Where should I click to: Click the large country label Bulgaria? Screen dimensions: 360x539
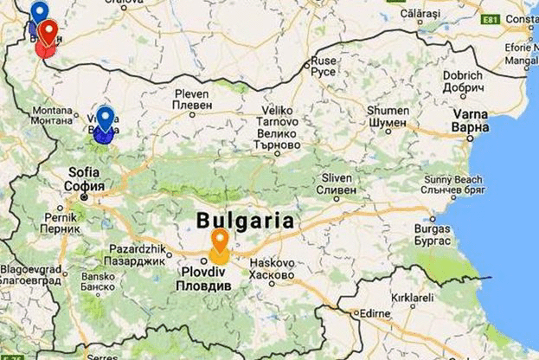[x=246, y=220]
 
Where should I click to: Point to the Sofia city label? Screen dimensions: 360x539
[x=86, y=179]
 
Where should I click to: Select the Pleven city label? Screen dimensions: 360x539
[x=191, y=99]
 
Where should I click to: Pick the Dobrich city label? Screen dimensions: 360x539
[x=463, y=80]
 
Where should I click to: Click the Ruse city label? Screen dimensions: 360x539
[x=323, y=66]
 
